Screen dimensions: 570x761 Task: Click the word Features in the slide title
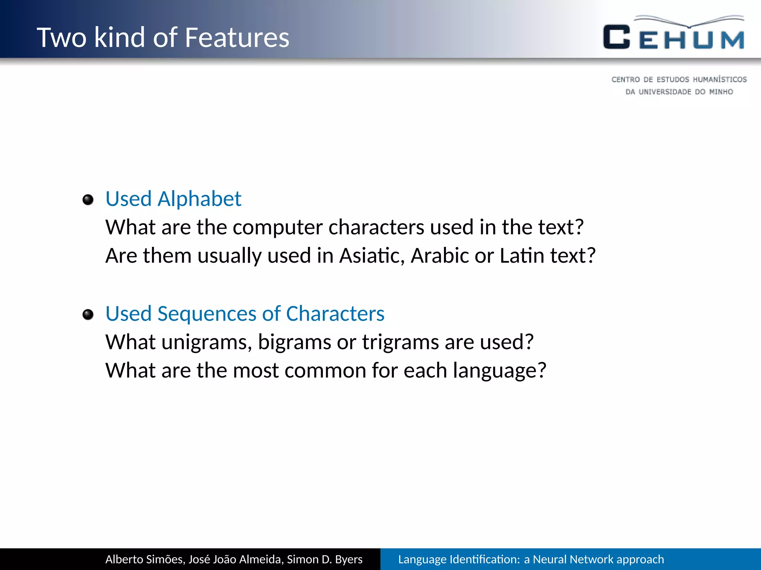[x=237, y=37]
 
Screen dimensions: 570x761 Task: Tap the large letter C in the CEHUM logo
[x=616, y=37]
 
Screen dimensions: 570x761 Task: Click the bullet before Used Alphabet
[x=88, y=200]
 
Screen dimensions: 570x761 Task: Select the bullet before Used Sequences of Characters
[x=88, y=315]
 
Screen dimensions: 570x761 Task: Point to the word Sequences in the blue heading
[x=207, y=314]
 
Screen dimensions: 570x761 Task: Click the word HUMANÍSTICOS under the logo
[x=719, y=79]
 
